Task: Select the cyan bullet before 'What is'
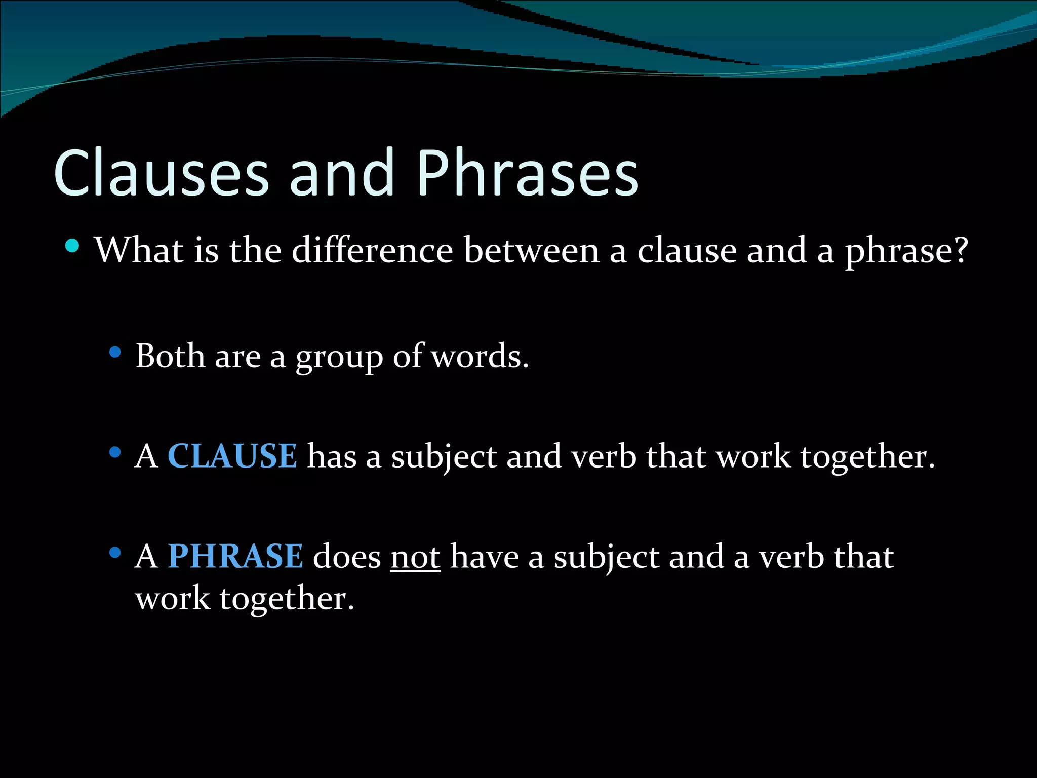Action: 72,246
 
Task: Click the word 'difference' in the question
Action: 372,250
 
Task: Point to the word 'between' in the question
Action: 531,250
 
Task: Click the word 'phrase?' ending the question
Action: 906,251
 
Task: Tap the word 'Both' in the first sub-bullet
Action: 170,356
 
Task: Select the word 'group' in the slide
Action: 339,358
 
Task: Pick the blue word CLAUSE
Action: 232,456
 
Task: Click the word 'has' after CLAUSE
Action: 332,456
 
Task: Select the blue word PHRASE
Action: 235,556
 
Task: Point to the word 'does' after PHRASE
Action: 347,556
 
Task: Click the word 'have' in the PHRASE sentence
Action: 484,556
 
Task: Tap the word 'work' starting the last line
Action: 173,598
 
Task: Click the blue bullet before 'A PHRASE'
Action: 115,553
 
